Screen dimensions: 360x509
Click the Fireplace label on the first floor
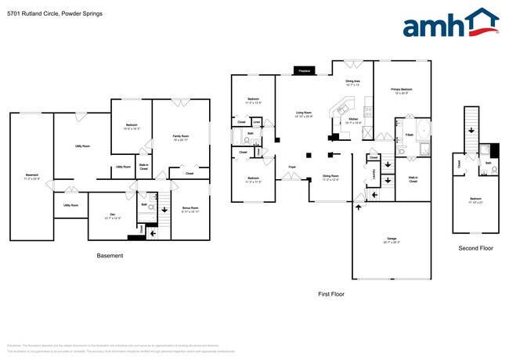(x=304, y=71)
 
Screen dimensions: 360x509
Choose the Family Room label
(x=180, y=137)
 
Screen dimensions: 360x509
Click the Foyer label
(x=291, y=167)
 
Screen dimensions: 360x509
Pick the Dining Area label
(x=353, y=81)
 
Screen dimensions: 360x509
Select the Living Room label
(x=304, y=114)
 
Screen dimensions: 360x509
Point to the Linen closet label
(x=256, y=121)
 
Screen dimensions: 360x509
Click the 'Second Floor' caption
(x=475, y=248)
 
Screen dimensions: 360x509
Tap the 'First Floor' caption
(x=331, y=294)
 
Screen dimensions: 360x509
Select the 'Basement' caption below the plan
(x=110, y=256)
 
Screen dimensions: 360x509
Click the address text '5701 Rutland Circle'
(x=31, y=13)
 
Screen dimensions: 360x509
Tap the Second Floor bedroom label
(x=475, y=199)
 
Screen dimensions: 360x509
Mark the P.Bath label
(x=410, y=135)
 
